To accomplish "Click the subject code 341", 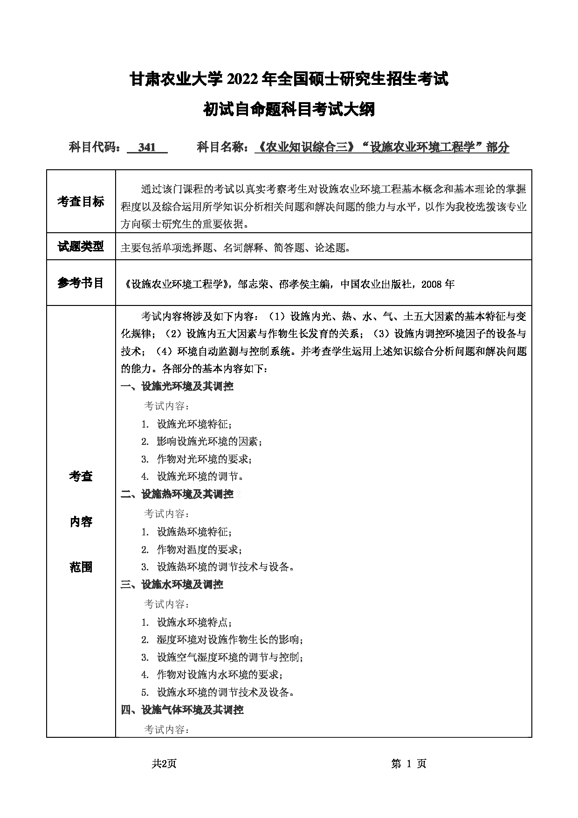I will [147, 148].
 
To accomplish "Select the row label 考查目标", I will [81, 201].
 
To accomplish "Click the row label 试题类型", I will [81, 247].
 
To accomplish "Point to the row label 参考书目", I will [81, 283].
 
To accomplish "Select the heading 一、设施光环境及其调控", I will [177, 386].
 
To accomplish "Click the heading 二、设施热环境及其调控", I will [177, 494].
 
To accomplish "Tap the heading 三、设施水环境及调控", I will [172, 584].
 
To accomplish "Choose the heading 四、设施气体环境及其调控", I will [182, 710].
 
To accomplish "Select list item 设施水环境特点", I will [194, 622].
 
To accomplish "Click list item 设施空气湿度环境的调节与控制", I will [230, 658].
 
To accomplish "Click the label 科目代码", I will [95, 148].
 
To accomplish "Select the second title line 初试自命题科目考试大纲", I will [289, 110].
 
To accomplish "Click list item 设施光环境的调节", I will [200, 477].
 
